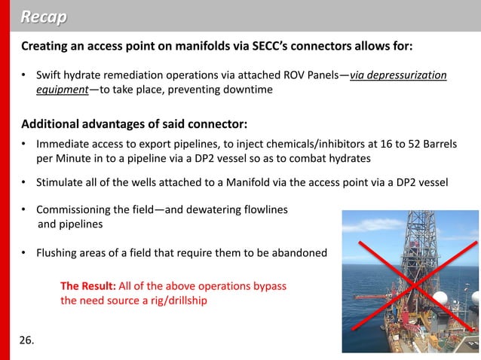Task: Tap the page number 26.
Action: (26, 340)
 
